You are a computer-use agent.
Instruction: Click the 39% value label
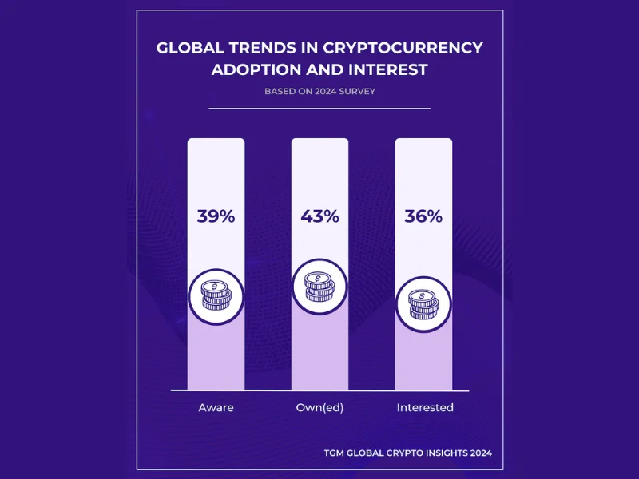pyautogui.click(x=216, y=216)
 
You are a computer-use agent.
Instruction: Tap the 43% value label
pyautogui.click(x=319, y=216)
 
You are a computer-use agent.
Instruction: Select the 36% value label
pyautogui.click(x=423, y=216)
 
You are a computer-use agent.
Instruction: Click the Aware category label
pyautogui.click(x=216, y=407)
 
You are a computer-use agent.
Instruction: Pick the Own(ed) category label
pyautogui.click(x=319, y=407)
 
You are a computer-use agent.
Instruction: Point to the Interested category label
pyautogui.click(x=425, y=407)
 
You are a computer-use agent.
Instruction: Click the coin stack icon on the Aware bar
pyautogui.click(x=216, y=296)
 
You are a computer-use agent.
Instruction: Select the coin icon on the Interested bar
pyautogui.click(x=423, y=304)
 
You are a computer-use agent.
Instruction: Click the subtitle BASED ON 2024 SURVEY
pyautogui.click(x=319, y=91)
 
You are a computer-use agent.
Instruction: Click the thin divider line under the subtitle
pyautogui.click(x=319, y=108)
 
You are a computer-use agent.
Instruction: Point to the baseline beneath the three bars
pyautogui.click(x=319, y=390)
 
